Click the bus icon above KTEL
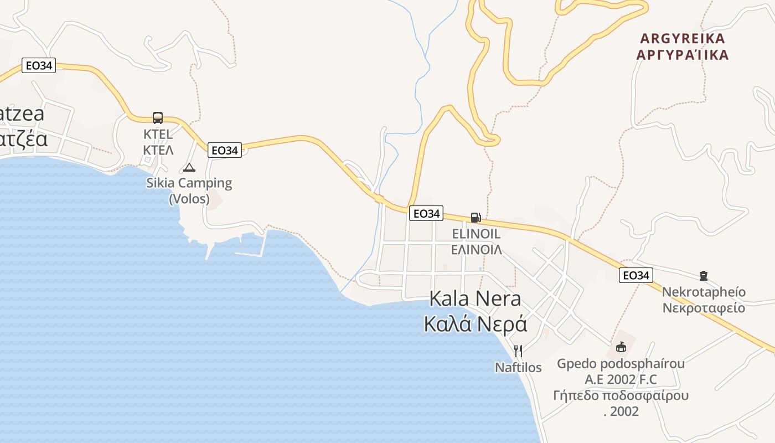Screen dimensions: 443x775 click(158, 117)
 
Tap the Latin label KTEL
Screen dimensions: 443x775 click(158, 134)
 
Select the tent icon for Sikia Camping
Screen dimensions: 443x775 click(189, 167)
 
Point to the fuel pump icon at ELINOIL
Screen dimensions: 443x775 click(476, 218)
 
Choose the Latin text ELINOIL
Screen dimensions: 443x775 click(476, 234)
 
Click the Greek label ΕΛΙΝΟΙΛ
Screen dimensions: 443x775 click(476, 249)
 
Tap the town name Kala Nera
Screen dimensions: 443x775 click(475, 299)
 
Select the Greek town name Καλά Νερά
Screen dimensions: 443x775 click(475, 324)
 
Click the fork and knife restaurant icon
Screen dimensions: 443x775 click(518, 351)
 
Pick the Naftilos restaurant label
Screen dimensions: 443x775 click(518, 367)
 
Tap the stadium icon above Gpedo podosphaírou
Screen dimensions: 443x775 click(621, 348)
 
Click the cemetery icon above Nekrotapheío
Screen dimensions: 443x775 click(704, 275)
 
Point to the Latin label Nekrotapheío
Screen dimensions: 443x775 click(704, 292)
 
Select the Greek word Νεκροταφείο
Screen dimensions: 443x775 click(704, 308)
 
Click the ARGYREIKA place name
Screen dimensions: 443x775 click(682, 39)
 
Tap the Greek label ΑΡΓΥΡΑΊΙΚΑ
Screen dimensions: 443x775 click(682, 55)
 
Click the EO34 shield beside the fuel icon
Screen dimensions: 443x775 click(426, 213)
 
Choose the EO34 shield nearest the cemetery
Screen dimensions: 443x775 click(636, 275)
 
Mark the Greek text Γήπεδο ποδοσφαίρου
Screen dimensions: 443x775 click(621, 395)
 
